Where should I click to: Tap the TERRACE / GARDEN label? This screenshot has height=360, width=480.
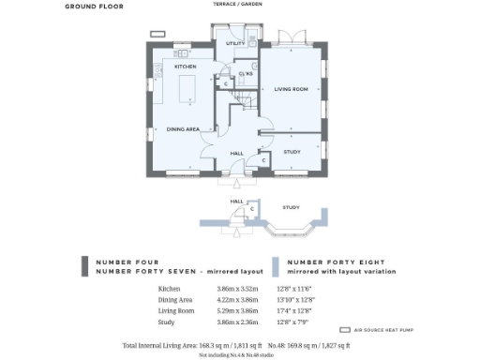coord(239,5)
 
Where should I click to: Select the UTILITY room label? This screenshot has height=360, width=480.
coord(235,44)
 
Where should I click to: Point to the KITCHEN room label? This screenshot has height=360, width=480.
coord(185,67)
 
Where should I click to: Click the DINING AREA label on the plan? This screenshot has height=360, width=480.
coord(182,129)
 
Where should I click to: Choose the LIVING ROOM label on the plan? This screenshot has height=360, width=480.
coord(291,89)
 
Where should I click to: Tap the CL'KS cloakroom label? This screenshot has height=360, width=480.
coord(247,73)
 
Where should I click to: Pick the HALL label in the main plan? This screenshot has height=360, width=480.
coord(237,153)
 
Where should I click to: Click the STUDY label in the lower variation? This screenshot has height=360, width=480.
coord(291,207)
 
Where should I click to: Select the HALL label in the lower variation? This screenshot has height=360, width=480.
coord(237,201)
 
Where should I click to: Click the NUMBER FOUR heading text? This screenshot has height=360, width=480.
coord(123,262)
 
